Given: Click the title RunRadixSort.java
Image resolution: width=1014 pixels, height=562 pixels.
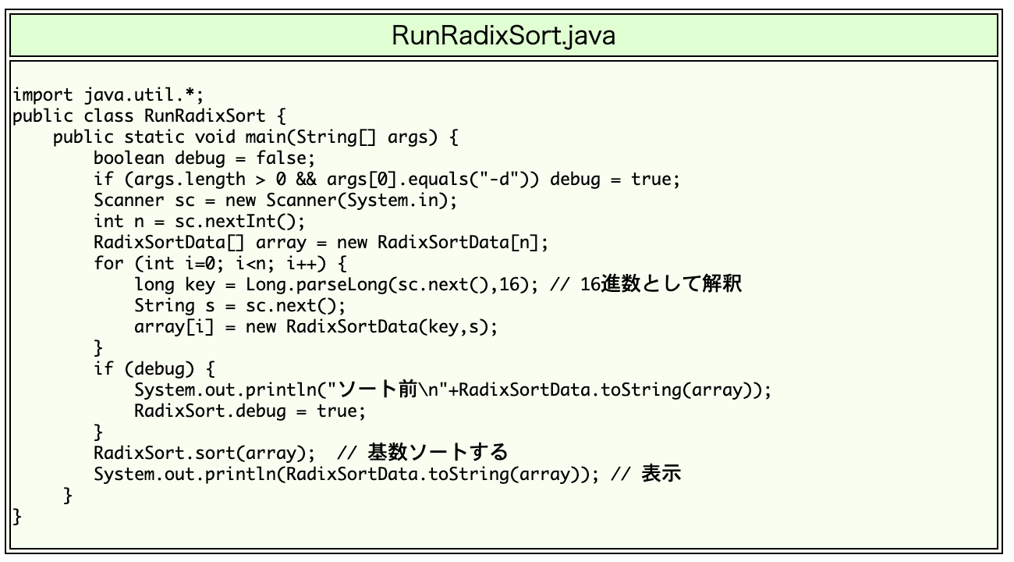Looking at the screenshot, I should tap(503, 35).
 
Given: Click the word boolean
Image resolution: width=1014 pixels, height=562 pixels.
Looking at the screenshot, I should tap(129, 158).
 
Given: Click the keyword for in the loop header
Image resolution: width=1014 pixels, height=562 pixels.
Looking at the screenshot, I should tap(109, 264).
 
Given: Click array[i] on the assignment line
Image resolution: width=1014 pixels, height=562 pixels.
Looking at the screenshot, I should tap(165, 327).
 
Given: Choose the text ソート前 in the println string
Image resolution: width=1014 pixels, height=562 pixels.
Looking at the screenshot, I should tap(381, 389).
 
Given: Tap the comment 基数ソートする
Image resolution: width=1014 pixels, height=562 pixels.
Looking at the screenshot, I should tap(438, 453).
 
